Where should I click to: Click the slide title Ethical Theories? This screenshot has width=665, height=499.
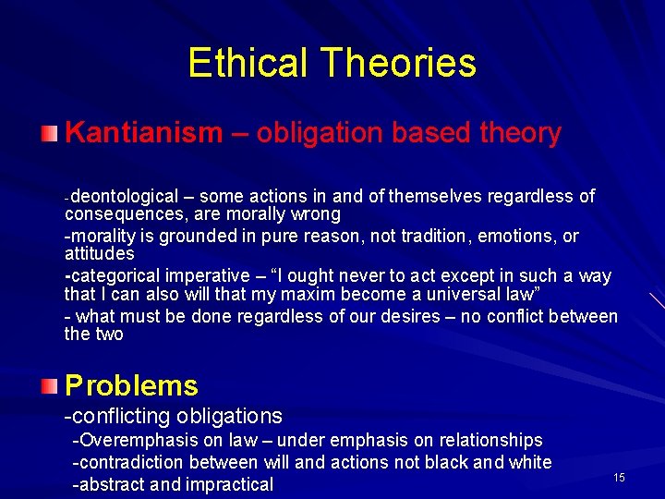[332, 63]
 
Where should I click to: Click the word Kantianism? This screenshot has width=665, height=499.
[144, 133]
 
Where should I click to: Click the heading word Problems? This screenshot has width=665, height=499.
[131, 385]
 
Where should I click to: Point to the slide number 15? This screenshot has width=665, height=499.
[619, 477]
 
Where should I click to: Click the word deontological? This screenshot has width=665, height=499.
[125, 196]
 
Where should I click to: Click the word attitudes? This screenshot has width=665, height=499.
[100, 253]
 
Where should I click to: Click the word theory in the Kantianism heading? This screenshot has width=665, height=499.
[521, 133]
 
